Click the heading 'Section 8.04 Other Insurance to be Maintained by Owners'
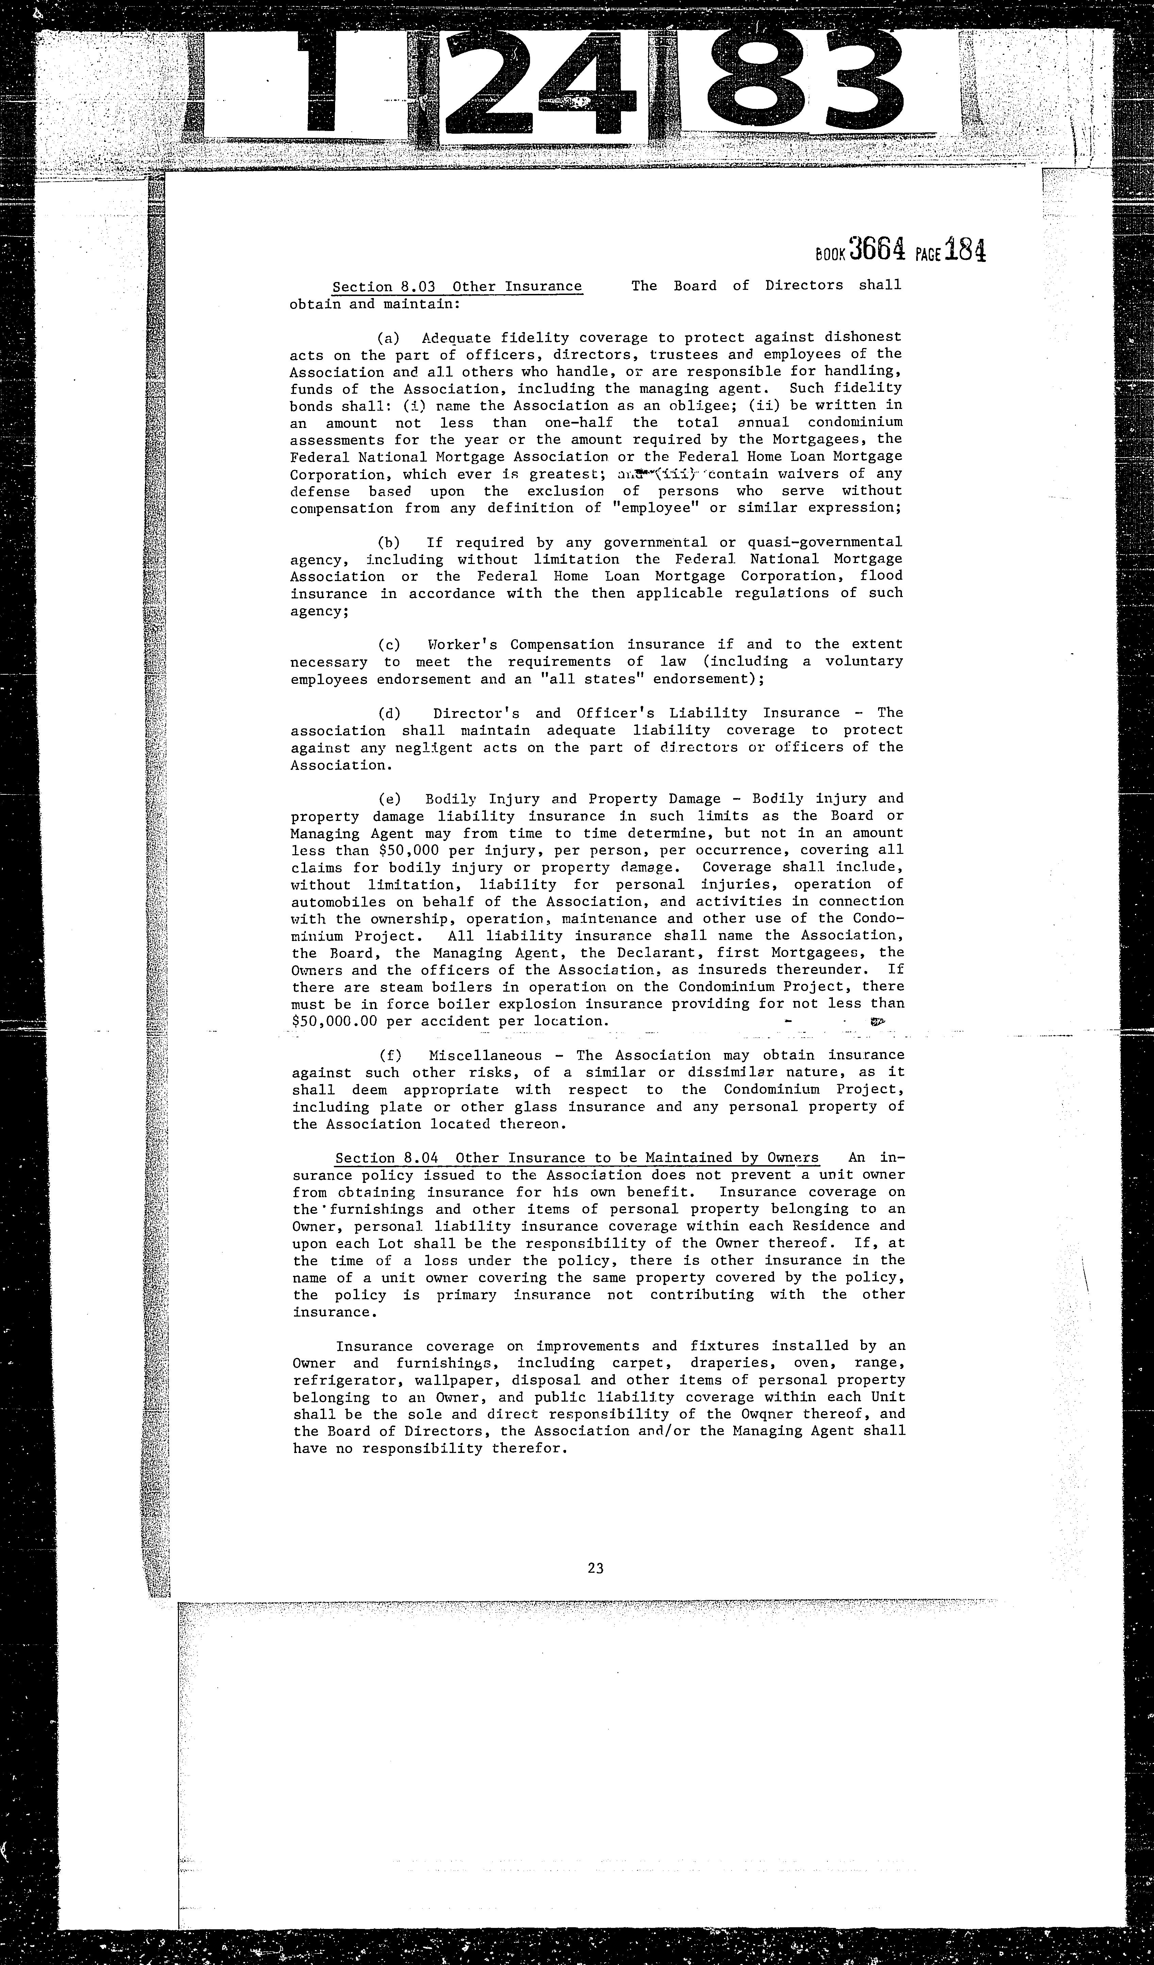coord(577,1158)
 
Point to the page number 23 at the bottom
coord(596,1568)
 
